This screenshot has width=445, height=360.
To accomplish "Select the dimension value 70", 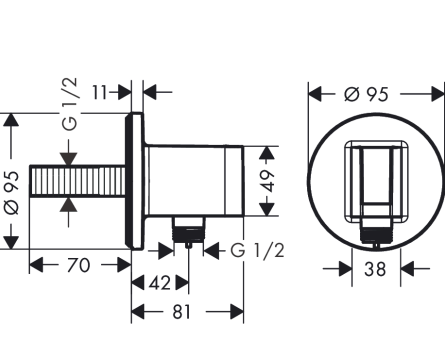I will pos(78,265).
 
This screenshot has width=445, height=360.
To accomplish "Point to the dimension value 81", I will pos(182,312).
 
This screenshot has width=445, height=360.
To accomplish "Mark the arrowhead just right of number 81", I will pos(237,312).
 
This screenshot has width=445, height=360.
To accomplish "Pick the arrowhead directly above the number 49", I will pos(267,152).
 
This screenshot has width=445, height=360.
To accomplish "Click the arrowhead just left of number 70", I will pos(36,265).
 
